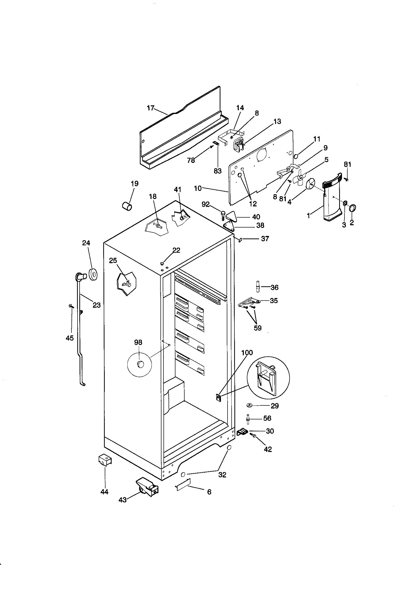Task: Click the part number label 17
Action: pos(150,108)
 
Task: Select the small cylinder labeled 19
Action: pos(127,207)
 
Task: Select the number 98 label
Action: pos(138,342)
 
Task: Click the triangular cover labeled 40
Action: pos(231,216)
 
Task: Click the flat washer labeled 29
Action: pos(250,405)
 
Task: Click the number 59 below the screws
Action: pos(257,328)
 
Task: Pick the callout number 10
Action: pos(198,188)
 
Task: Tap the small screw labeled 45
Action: pos(71,306)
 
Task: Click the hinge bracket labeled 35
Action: pos(249,302)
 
